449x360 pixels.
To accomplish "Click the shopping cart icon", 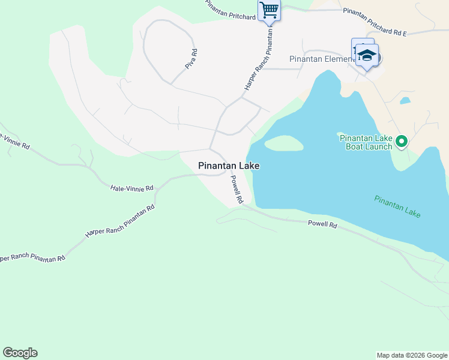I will coord(270,10).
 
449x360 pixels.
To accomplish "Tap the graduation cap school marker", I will coord(366,56).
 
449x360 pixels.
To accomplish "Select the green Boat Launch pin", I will coord(401,142).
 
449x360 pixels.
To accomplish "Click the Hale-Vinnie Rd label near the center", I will coord(132,188).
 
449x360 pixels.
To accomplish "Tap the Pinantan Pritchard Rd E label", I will coord(375,22).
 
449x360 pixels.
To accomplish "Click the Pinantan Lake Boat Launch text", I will coord(366,142).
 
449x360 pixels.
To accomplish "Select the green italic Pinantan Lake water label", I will coord(397,206).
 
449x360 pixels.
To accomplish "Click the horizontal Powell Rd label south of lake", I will coord(322,224).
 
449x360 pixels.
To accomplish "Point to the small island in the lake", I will coord(283,143).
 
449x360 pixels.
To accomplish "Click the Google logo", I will coord(20,353).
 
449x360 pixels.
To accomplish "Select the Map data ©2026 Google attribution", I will coord(411,355).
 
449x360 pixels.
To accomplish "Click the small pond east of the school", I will coord(405,100).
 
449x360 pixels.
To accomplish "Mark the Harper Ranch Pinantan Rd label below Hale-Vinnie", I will coord(120,221).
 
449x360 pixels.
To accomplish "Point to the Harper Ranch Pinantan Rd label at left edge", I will coord(31,258).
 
